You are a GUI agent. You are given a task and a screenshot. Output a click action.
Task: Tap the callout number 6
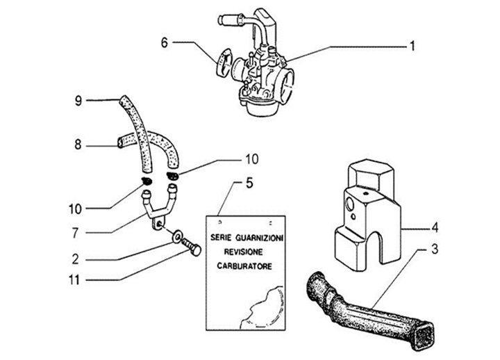point(165,42)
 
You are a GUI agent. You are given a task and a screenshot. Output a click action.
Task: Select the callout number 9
point(78,101)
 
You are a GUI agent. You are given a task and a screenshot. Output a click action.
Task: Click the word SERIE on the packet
point(218,238)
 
